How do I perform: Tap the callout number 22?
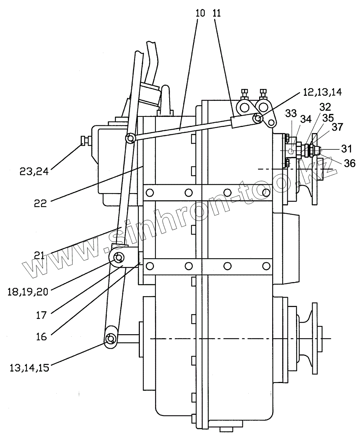point(41,203)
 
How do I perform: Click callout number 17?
point(42,315)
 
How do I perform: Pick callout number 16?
point(42,337)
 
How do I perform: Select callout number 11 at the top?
point(218,14)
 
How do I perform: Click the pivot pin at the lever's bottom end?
point(110,339)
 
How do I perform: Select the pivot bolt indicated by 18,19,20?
point(118,258)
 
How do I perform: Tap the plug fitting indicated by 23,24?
point(85,140)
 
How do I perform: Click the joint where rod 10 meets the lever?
point(130,137)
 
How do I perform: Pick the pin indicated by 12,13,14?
point(258,118)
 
